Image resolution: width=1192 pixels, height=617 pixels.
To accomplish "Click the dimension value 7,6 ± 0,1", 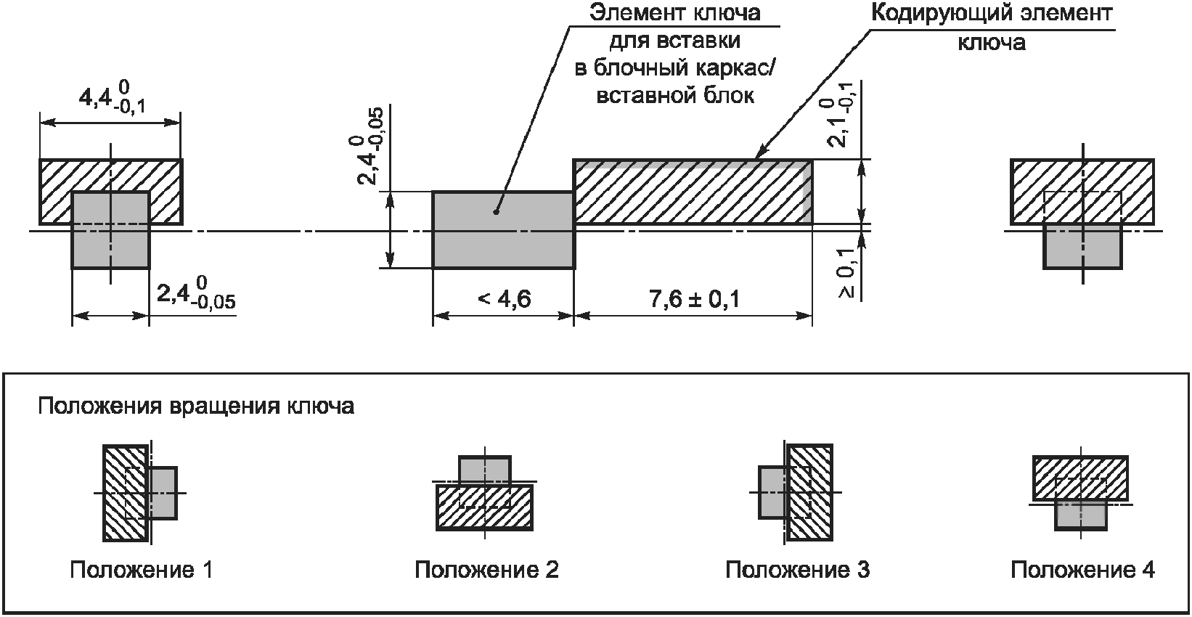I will pyautogui.click(x=694, y=299).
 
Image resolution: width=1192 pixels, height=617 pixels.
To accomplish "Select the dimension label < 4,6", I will pyautogui.click(x=505, y=299).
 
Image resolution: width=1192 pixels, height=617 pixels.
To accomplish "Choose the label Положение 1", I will pyautogui.click(x=142, y=570).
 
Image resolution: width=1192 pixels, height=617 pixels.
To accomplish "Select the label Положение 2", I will pyautogui.click(x=486, y=570).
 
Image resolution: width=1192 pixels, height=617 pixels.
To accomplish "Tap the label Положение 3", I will pyautogui.click(x=797, y=570).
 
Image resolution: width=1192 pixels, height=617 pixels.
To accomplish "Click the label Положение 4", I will pyautogui.click(x=1082, y=570).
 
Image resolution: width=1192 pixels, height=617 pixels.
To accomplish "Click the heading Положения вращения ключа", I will pyautogui.click(x=196, y=406).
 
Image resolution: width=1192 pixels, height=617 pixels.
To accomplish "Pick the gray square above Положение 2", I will pyautogui.click(x=485, y=470).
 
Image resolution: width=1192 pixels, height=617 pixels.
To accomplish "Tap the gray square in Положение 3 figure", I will pyautogui.click(x=771, y=492).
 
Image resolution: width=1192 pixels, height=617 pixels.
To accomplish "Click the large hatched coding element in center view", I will pyautogui.click(x=693, y=191).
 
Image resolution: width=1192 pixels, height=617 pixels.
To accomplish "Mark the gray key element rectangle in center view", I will pyautogui.click(x=503, y=230).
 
